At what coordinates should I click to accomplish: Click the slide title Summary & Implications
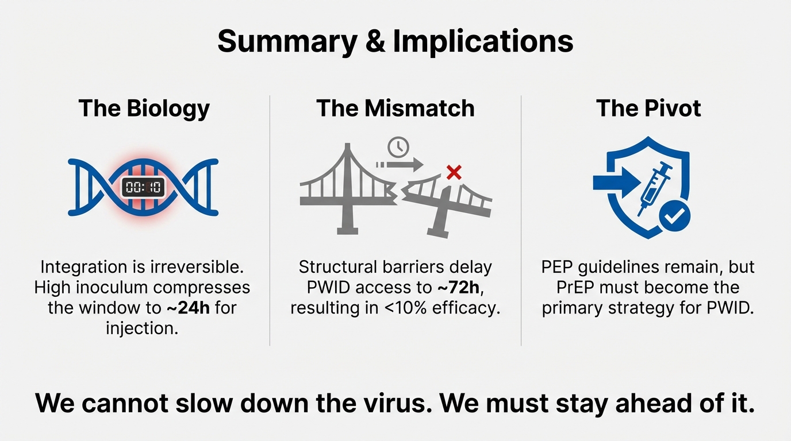point(395,41)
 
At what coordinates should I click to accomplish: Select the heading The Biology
point(144,108)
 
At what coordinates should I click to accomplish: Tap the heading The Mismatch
point(395,108)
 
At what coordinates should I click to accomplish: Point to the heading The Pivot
point(648,108)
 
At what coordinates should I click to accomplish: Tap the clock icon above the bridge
point(397,147)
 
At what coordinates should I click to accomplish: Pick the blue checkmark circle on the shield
point(674,216)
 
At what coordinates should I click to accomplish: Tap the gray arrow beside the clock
point(400,165)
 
